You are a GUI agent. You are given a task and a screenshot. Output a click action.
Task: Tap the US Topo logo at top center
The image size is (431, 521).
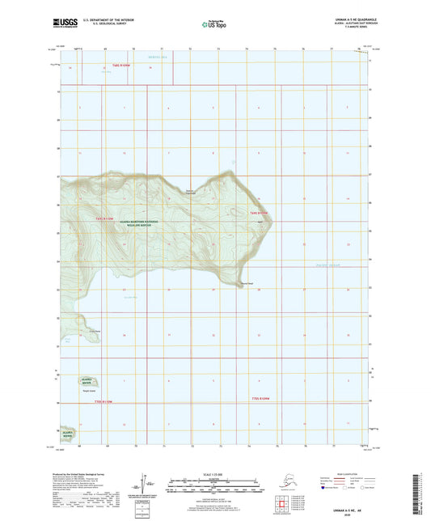213,25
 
